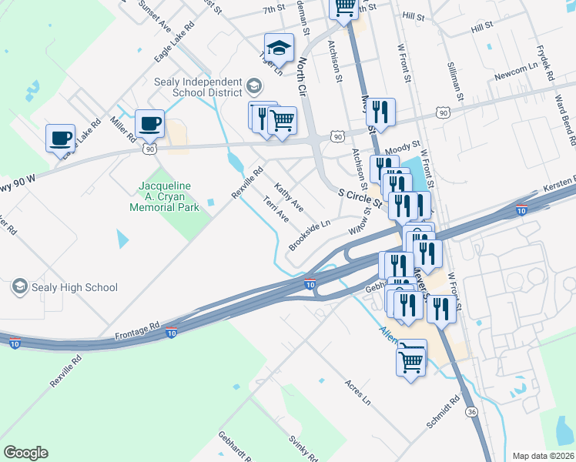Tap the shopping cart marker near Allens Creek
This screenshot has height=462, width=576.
point(412,359)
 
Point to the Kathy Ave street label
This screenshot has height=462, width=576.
point(289,198)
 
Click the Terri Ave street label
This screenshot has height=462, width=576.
point(275,209)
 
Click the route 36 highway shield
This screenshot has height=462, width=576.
point(471,413)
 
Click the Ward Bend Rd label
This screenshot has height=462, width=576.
point(566,120)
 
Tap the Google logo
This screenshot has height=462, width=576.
point(25,453)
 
